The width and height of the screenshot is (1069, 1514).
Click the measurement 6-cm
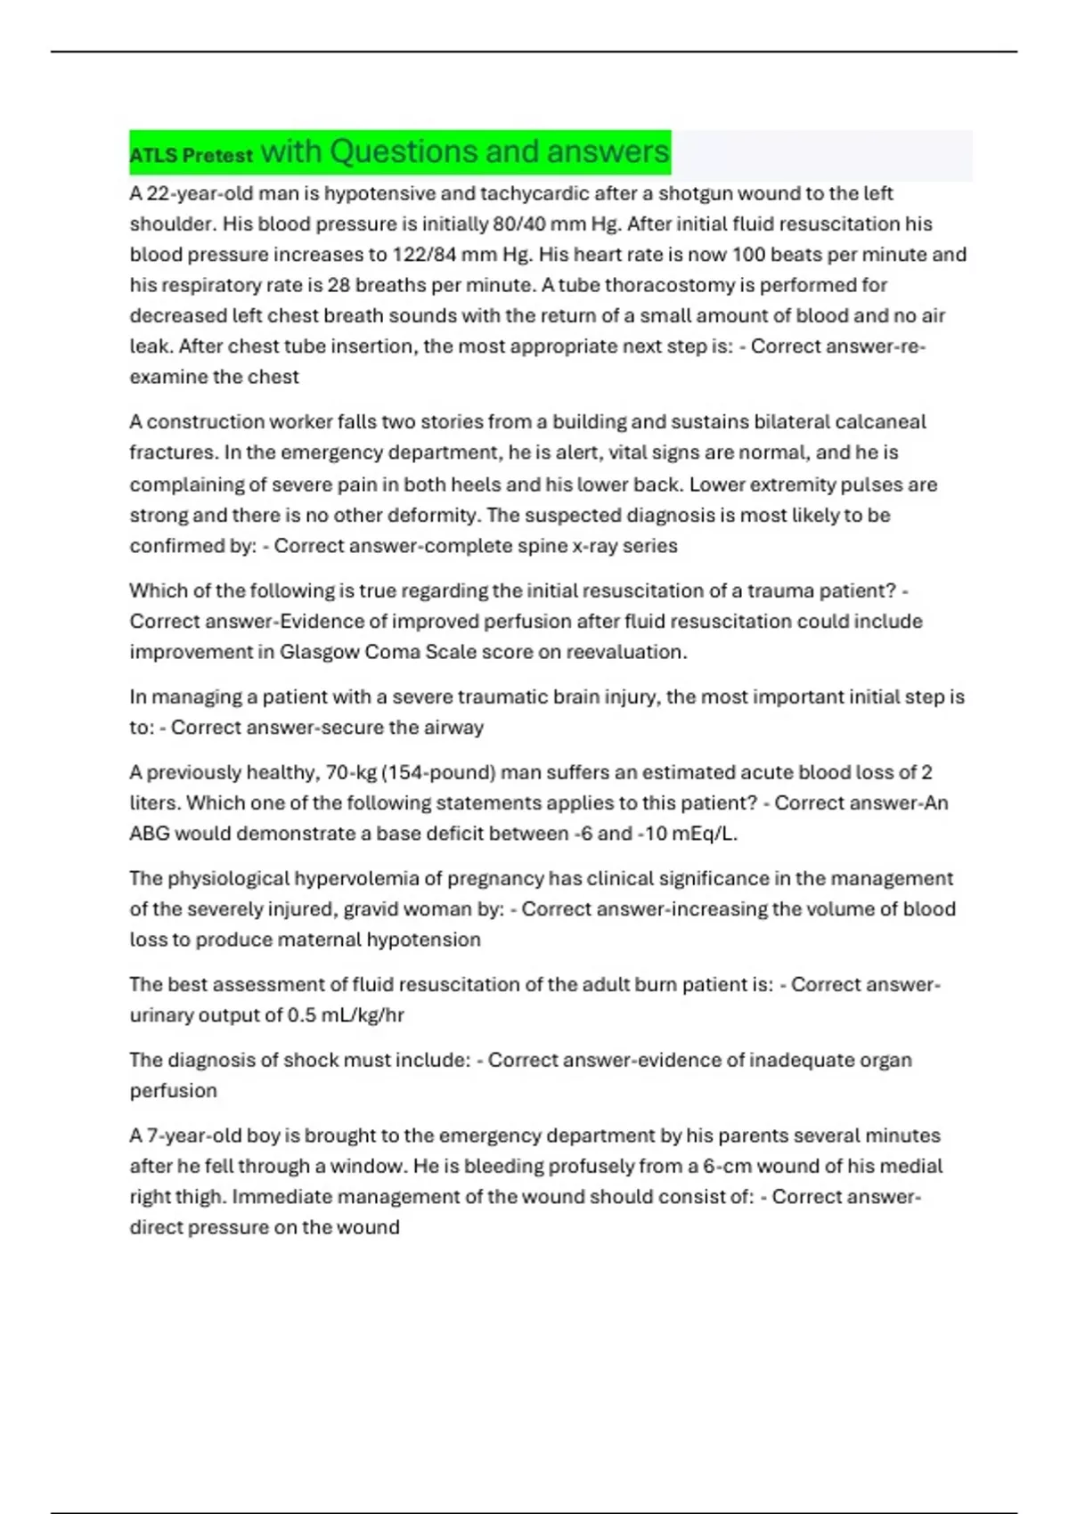coord(730,1167)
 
